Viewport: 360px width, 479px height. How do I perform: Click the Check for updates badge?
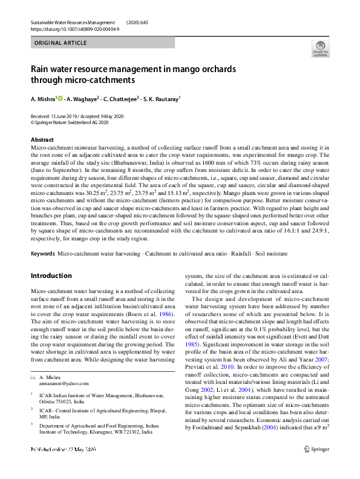point(320,48)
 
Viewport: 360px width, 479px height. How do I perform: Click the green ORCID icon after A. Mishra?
point(61,98)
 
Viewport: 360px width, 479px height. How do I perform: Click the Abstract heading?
point(42,139)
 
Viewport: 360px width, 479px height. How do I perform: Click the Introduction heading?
point(51,276)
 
